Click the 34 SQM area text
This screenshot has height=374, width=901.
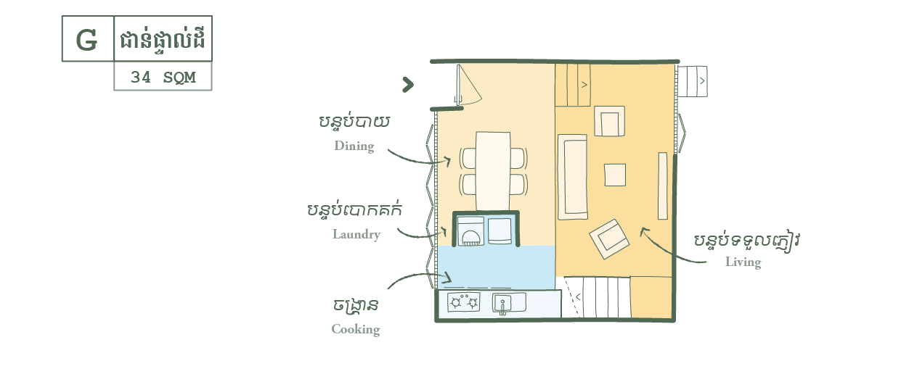point(163,77)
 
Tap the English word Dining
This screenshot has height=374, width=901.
point(354,146)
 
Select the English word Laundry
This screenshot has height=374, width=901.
point(356,234)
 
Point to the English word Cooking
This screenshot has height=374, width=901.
point(356,329)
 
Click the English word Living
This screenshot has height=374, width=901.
point(743,262)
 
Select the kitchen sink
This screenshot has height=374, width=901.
point(508,303)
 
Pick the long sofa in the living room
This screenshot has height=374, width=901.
point(572,177)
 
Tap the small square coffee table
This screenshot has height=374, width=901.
point(615,175)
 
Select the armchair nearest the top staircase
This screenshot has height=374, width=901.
point(609,121)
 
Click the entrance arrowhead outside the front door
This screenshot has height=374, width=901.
point(408,86)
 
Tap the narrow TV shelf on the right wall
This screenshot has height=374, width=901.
point(662,186)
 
